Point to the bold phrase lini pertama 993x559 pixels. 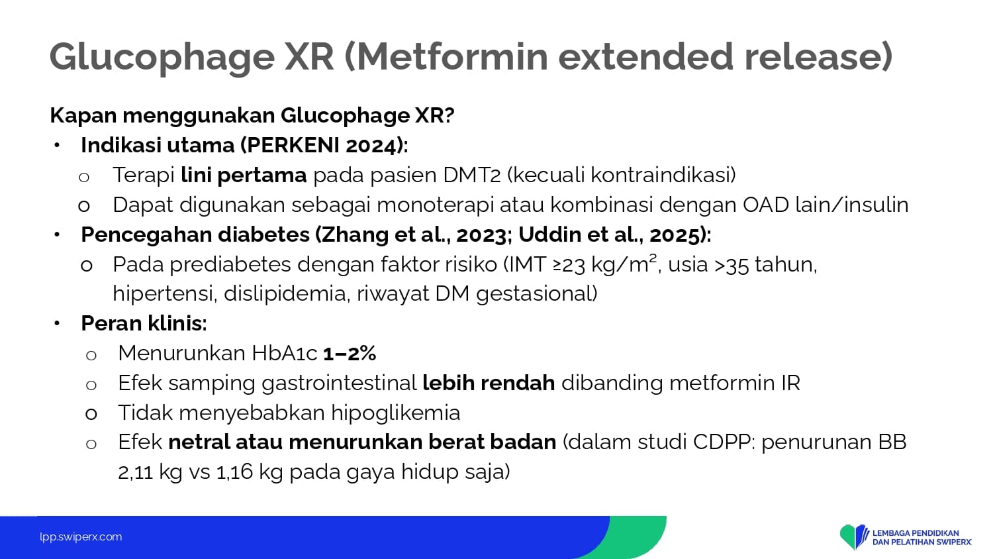tap(244, 175)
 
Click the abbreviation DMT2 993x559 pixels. tap(471, 175)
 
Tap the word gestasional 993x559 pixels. tap(534, 294)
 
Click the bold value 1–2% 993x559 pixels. tap(350, 354)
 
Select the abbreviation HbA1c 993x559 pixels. tap(284, 353)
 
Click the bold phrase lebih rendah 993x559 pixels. tap(489, 383)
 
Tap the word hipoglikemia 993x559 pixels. tap(395, 413)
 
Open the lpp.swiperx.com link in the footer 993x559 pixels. tap(81, 537)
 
